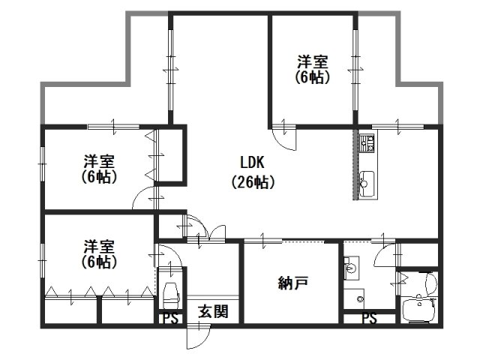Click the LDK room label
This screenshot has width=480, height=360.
click(252, 163)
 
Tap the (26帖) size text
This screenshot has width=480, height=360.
click(253, 182)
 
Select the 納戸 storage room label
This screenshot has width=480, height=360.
click(293, 283)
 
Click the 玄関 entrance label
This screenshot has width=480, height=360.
click(213, 312)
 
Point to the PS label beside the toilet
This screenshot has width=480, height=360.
click(170, 318)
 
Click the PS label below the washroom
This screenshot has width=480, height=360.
click(369, 318)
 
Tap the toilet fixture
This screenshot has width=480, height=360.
click(171, 295)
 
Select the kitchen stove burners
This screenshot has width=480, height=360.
click(367, 143)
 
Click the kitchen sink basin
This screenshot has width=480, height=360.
click(367, 184)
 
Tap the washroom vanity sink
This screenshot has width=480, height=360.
click(351, 268)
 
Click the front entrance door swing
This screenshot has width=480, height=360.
click(198, 337)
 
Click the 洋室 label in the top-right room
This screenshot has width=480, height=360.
click(313, 61)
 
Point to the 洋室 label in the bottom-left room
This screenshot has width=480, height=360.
click(99, 247)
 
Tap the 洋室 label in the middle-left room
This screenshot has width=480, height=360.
click(99, 161)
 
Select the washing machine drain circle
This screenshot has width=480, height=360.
click(360, 298)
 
